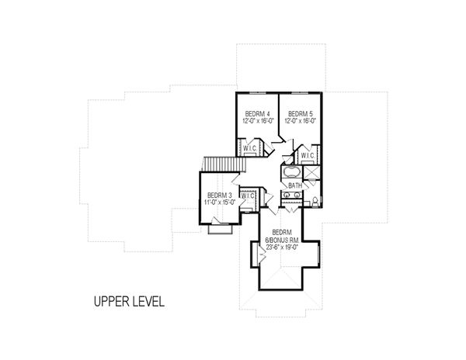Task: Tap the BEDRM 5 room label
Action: click(x=298, y=112)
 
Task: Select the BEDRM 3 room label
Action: click(x=219, y=195)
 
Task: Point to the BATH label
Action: click(x=295, y=186)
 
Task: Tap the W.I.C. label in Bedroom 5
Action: click(x=308, y=155)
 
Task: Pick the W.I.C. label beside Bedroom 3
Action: click(x=249, y=196)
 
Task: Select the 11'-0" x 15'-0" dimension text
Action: click(x=219, y=202)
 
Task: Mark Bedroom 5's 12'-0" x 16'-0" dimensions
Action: click(x=298, y=120)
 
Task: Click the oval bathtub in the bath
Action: click(x=294, y=171)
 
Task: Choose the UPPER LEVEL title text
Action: click(x=127, y=301)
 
